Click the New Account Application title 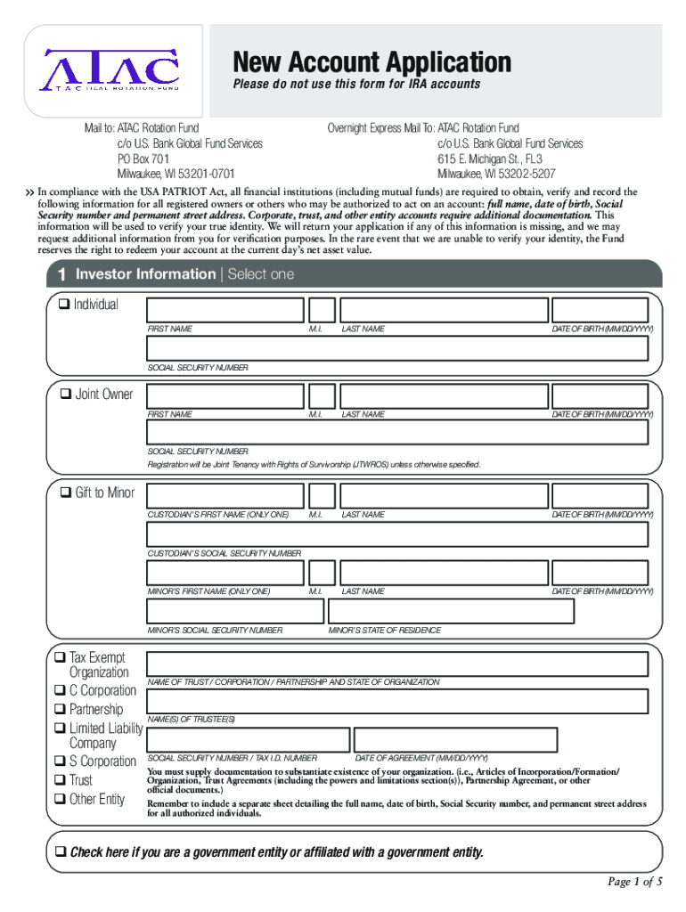point(372,62)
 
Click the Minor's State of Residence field point(451,610)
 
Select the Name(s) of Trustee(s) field point(397,701)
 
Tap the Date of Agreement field point(455,739)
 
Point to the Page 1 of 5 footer point(634,883)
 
